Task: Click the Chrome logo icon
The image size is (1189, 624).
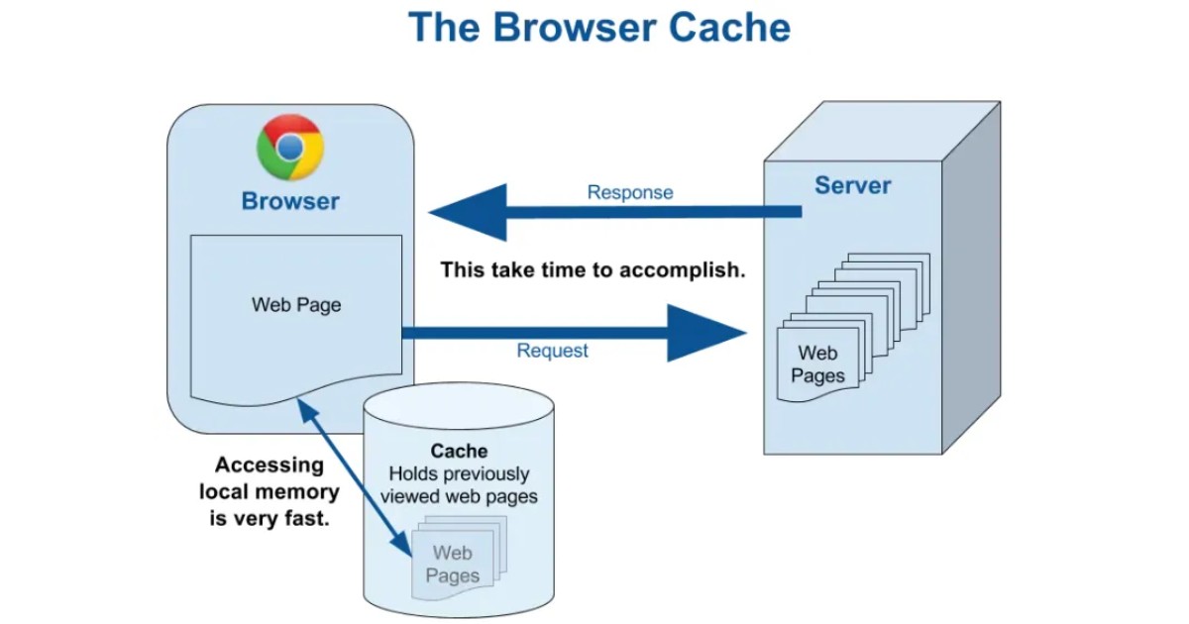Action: tap(289, 148)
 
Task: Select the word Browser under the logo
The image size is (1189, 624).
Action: tap(290, 201)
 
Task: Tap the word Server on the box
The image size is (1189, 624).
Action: tap(852, 185)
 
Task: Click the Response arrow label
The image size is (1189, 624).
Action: tap(630, 192)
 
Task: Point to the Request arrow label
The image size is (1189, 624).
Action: tap(552, 351)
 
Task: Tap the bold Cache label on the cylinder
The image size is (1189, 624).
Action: tap(459, 452)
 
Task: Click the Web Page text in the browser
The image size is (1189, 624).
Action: tap(296, 304)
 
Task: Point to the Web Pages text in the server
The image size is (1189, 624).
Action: tap(818, 364)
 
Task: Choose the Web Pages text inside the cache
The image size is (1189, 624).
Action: tap(453, 564)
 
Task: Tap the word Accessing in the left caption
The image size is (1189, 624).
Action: tap(270, 465)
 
